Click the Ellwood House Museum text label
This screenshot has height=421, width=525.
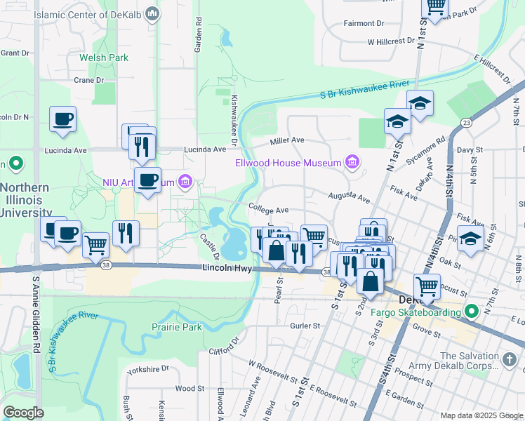click(x=288, y=163)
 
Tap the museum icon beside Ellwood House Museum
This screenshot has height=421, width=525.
click(x=352, y=163)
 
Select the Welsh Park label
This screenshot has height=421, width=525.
click(x=104, y=58)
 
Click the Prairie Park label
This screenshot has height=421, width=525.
click(x=176, y=327)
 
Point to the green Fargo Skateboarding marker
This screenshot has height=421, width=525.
click(x=472, y=310)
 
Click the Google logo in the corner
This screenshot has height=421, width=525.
click(x=23, y=413)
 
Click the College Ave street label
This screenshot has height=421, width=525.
click(x=269, y=210)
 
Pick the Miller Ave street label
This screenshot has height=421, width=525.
click(x=288, y=140)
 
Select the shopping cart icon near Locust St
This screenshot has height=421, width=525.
click(x=427, y=287)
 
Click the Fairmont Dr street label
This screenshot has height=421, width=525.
click(x=366, y=23)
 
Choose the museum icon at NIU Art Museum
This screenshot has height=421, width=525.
click(x=185, y=183)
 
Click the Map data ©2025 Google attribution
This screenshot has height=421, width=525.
click(x=481, y=415)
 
